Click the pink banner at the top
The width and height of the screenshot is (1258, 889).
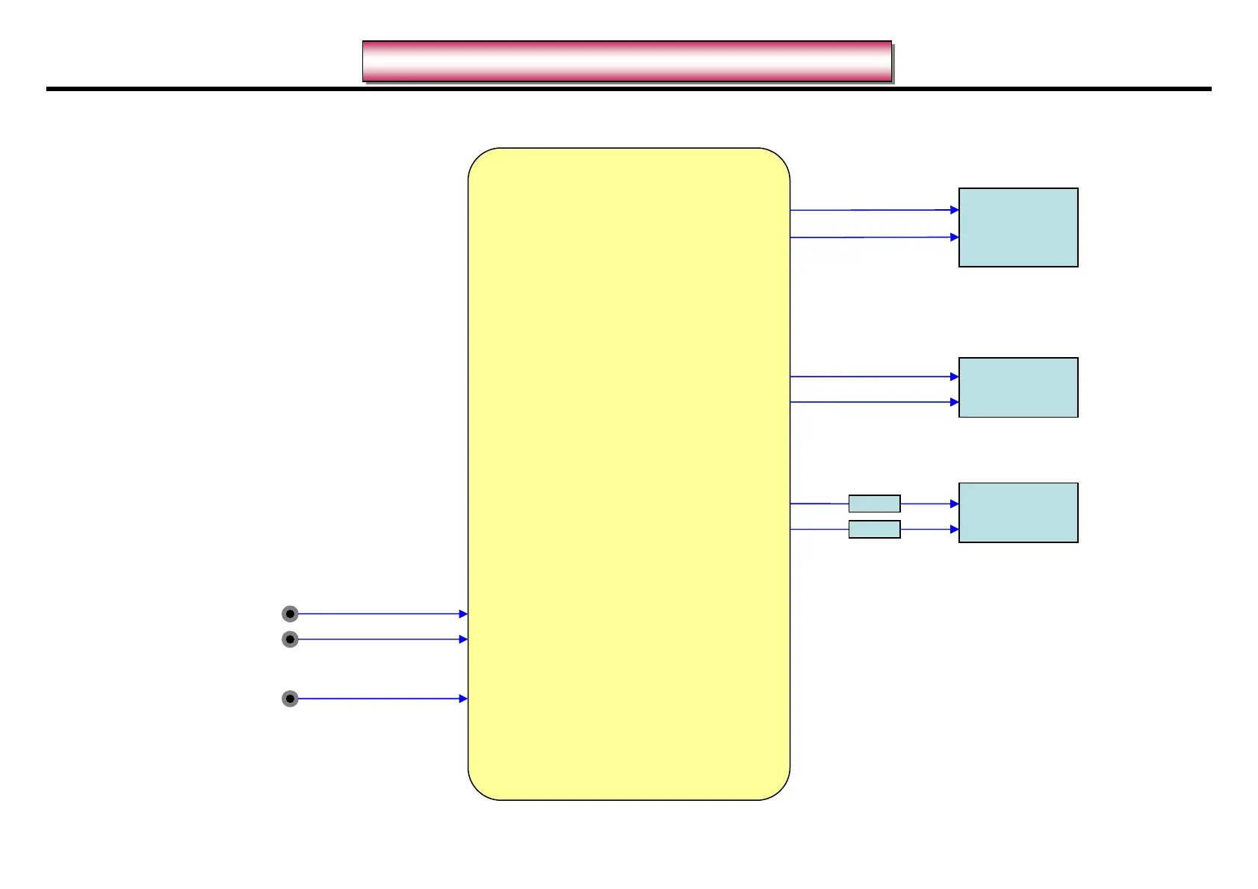(x=627, y=61)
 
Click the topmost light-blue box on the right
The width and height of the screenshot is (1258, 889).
(x=1018, y=227)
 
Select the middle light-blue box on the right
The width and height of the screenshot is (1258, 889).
(x=1018, y=387)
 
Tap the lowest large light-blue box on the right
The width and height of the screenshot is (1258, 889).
(x=1018, y=512)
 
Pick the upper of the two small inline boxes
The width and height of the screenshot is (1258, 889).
(x=874, y=504)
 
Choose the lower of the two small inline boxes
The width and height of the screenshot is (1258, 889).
(x=874, y=530)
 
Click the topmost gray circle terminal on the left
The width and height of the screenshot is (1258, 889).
(x=290, y=614)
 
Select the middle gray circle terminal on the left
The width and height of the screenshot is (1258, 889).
(x=290, y=639)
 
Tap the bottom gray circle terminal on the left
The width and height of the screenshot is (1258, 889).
(x=290, y=698)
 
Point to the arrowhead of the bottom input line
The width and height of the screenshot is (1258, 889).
(x=463, y=698)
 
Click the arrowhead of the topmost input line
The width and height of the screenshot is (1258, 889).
(x=463, y=614)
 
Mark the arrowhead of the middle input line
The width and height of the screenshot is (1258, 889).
(x=463, y=639)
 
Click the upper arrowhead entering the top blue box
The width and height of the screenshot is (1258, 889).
(x=954, y=210)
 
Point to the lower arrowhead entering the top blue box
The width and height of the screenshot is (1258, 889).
(x=954, y=237)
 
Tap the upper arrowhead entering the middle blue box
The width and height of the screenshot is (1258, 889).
(x=954, y=377)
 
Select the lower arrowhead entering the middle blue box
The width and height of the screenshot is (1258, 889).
(x=954, y=402)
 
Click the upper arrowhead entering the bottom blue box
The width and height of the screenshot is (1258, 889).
(x=954, y=504)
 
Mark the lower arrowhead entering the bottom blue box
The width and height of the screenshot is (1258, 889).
(x=954, y=529)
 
